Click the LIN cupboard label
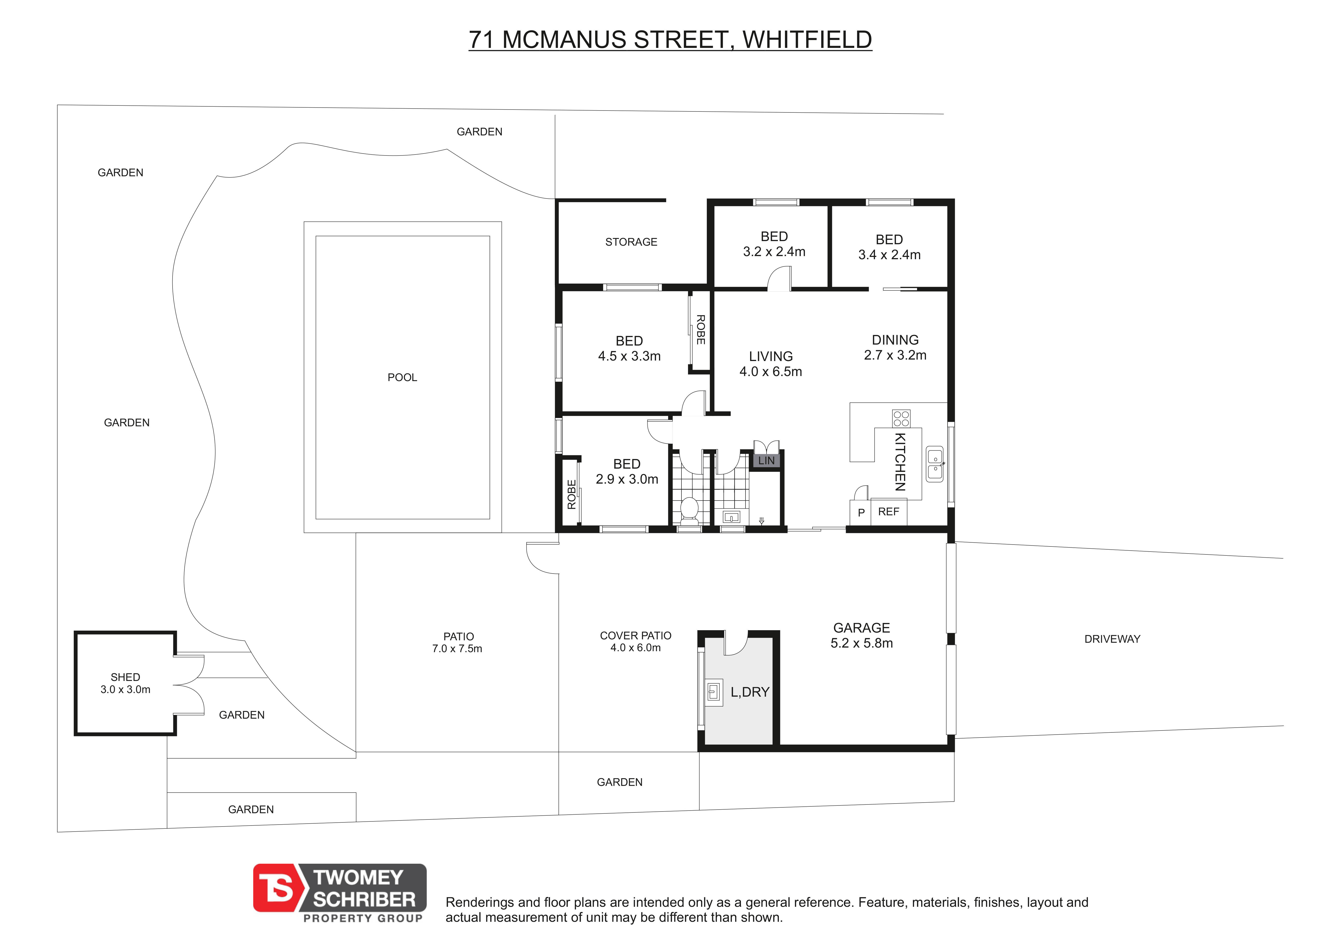click(x=766, y=461)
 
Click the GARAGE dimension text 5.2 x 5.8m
click(x=862, y=643)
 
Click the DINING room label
click(x=895, y=340)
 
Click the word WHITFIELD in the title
click(x=807, y=40)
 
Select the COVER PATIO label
click(x=636, y=635)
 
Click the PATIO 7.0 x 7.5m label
click(x=457, y=642)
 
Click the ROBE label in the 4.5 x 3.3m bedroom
click(x=700, y=329)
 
